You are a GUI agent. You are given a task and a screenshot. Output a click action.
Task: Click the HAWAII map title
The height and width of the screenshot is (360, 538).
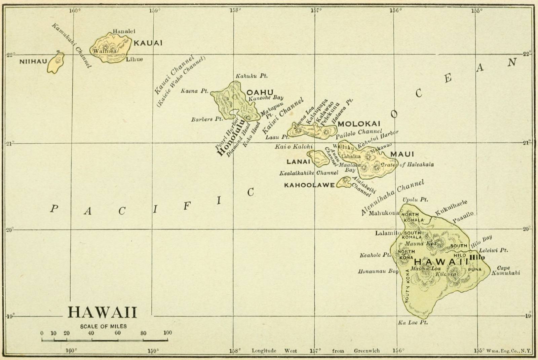[103, 312]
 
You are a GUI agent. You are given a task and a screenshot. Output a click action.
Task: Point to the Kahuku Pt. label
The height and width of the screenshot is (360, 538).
[252, 76]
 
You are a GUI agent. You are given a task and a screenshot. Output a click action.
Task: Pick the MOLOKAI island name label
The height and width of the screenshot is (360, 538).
[359, 124]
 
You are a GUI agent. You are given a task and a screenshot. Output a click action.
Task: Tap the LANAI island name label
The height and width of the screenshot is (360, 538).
[298, 162]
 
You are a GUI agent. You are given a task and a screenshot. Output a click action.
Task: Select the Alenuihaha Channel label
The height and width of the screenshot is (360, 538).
[392, 198]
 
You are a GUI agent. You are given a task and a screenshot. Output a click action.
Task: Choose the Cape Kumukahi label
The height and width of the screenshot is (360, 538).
[505, 271]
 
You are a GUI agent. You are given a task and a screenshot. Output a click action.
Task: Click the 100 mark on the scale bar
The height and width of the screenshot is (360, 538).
[167, 333]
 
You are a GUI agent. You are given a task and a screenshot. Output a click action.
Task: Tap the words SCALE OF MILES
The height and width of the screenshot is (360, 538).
[103, 326]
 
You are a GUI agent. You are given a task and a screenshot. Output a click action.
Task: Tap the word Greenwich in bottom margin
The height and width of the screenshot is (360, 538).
[367, 351]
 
